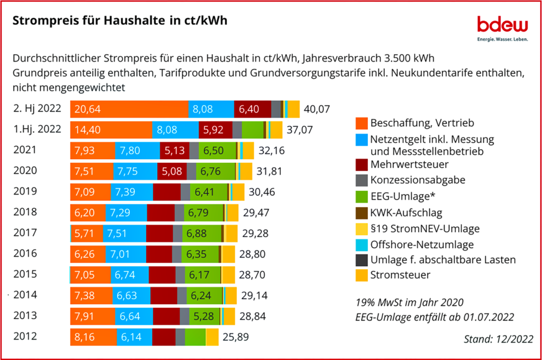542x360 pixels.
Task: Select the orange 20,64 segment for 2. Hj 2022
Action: click(x=129, y=109)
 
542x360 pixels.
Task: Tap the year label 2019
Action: click(x=25, y=191)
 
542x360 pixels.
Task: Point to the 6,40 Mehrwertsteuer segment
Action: click(x=252, y=109)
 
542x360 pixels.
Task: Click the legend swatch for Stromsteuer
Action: click(x=361, y=274)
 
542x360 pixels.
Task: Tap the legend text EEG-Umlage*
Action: click(x=401, y=196)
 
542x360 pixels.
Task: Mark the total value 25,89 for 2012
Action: click(x=235, y=338)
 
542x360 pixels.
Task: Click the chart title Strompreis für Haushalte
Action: click(x=120, y=20)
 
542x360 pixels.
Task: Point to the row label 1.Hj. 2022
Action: click(x=37, y=129)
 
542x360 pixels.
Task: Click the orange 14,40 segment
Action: click(x=111, y=130)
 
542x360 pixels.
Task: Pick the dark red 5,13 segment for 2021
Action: click(x=175, y=150)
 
